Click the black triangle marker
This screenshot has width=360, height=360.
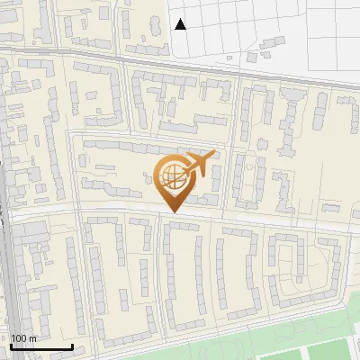pyautogui.click(x=181, y=24)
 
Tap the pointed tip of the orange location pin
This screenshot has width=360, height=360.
pyautogui.click(x=171, y=211)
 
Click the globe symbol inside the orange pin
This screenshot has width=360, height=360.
pyautogui.click(x=171, y=177)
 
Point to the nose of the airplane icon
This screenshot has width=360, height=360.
pyautogui.click(x=213, y=156)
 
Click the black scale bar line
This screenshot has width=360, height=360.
pyautogui.click(x=41, y=346)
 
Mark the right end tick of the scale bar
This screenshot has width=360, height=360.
pyautogui.click(x=72, y=345)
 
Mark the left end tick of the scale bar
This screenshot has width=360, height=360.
pyautogui.click(x=11, y=345)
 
